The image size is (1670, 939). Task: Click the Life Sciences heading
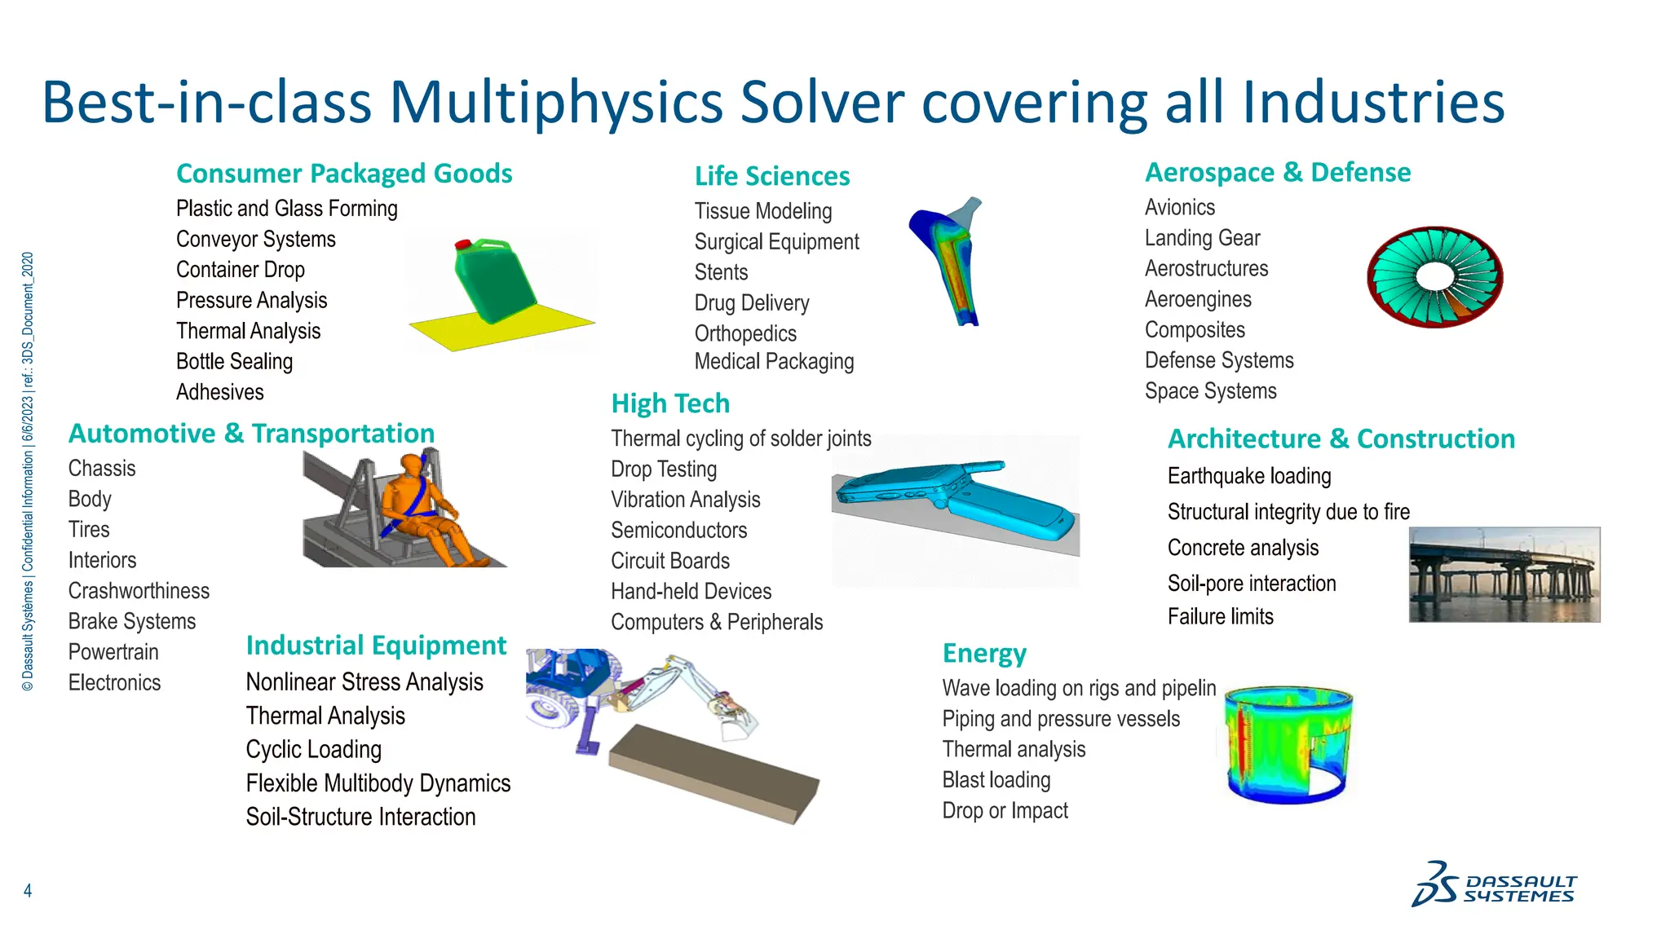coord(771,176)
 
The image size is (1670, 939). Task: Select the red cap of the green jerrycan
coord(462,244)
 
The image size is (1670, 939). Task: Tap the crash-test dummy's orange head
coord(413,465)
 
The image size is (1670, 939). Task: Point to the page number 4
coord(28,890)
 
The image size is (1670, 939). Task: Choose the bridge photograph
coord(1504,575)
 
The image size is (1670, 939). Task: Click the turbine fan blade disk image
coord(1434,277)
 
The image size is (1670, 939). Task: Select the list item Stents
coord(721,272)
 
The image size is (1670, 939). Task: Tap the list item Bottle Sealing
coord(234,361)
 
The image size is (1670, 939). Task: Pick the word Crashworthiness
coord(139,591)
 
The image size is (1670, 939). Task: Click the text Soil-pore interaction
coord(1251,584)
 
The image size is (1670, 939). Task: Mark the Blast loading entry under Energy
coord(996,780)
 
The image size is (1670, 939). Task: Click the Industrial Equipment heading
coord(376,646)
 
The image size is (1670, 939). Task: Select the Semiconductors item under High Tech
coord(678,531)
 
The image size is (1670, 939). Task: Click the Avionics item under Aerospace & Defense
coord(1179,208)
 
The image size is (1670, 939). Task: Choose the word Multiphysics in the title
coord(556,103)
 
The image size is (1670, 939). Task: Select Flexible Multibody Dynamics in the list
coord(378,783)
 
